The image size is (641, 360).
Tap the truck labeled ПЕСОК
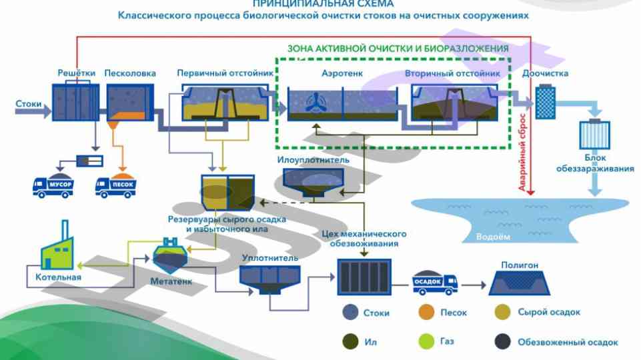click(117, 185)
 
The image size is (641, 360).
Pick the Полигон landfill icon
click(520, 283)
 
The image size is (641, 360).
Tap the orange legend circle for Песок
click(425, 312)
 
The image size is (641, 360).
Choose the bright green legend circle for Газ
click(425, 342)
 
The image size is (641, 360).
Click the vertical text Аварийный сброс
click(521, 153)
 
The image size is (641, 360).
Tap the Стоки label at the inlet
click(29, 104)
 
